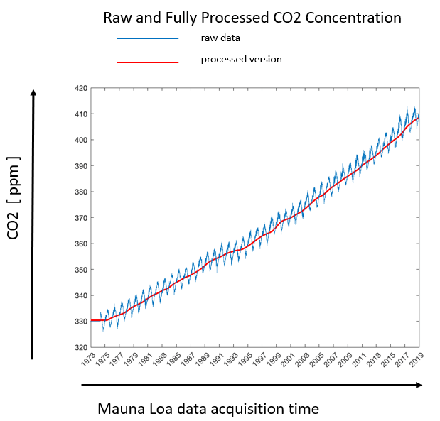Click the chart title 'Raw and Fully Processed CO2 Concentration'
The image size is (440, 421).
click(252, 18)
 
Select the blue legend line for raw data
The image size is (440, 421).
click(147, 38)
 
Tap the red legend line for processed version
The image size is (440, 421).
click(147, 62)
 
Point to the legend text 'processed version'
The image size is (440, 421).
click(241, 59)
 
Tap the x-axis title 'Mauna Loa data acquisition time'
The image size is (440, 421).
click(208, 409)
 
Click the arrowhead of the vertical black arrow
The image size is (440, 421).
click(32, 92)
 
